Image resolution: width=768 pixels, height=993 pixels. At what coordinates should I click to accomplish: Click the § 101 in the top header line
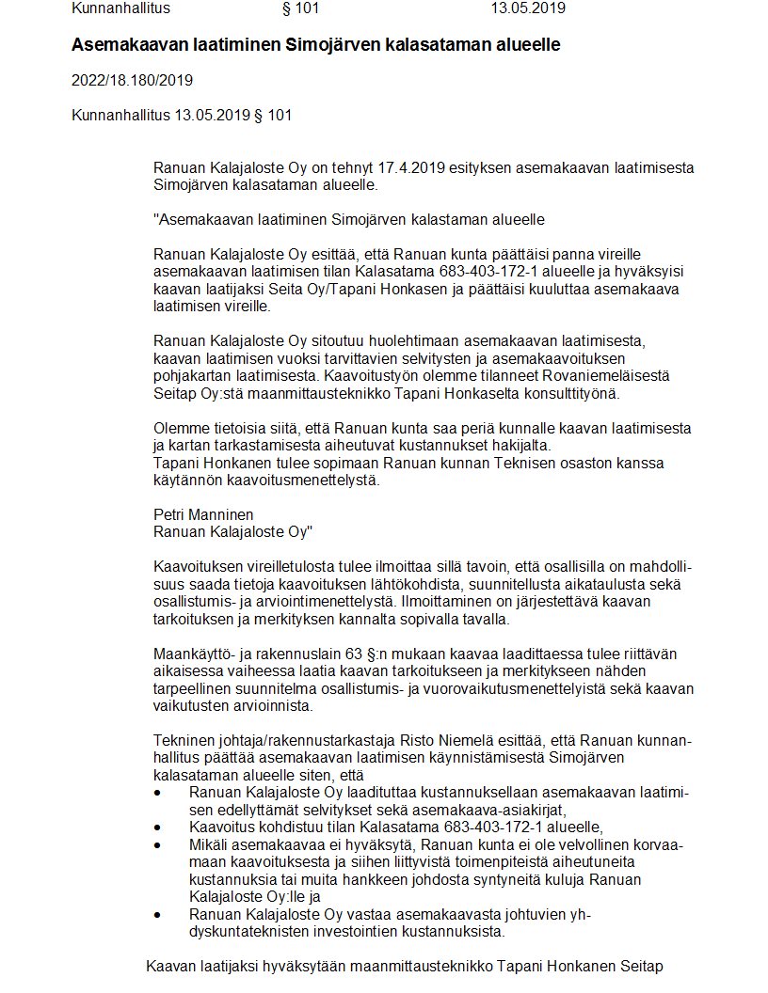[301, 8]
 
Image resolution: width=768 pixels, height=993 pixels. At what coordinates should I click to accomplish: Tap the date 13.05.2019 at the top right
[528, 8]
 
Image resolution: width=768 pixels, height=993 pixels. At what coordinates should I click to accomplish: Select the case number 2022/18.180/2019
[132, 80]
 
